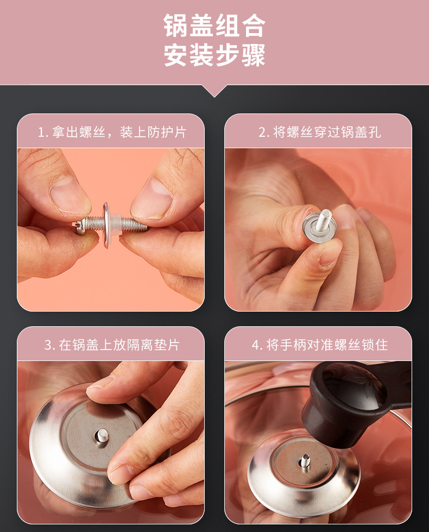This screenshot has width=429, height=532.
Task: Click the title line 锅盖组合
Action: (214, 26)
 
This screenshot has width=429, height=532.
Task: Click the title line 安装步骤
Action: (214, 55)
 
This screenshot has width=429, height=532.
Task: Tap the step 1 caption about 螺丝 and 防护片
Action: (112, 132)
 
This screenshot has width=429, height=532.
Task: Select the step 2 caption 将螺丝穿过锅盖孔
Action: (320, 132)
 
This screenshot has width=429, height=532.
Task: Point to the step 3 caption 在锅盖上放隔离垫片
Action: (112, 345)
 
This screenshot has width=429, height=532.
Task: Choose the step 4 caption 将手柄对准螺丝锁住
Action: (320, 345)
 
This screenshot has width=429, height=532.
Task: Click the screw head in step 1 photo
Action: (80, 227)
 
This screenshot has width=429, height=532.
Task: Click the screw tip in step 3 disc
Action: (102, 436)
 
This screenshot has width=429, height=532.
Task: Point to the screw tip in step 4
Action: (305, 461)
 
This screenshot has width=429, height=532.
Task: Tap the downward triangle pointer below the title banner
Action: (214, 91)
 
